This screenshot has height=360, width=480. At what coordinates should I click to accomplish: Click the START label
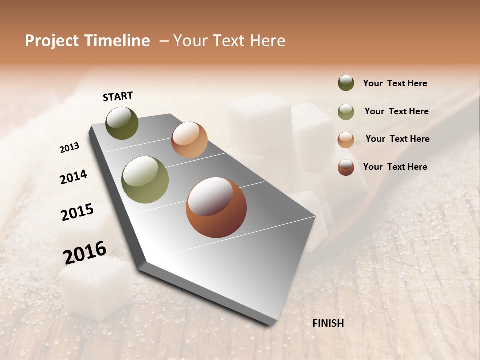click(118, 96)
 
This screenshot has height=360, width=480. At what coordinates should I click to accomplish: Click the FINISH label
click(328, 323)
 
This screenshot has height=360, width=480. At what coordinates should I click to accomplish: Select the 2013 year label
click(69, 148)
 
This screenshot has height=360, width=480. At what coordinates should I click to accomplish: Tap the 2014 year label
click(73, 177)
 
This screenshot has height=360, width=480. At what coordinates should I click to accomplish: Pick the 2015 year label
click(77, 212)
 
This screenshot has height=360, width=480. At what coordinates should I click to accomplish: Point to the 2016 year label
click(85, 252)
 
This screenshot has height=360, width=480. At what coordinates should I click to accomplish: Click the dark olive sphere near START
click(122, 123)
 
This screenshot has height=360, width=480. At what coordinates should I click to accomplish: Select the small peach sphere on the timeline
click(189, 140)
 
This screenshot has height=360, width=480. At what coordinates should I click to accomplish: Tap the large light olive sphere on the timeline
click(145, 180)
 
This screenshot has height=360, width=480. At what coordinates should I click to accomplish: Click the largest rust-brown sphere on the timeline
click(216, 207)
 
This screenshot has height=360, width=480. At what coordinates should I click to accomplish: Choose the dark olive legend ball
click(346, 83)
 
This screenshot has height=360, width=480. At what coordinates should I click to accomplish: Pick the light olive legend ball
click(346, 112)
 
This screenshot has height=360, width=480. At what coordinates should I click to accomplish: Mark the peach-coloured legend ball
click(346, 140)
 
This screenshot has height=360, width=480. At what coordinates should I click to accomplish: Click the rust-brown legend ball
click(346, 167)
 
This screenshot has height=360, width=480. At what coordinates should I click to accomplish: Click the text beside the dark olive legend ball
click(395, 84)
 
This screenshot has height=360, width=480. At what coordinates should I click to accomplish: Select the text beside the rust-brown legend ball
click(395, 167)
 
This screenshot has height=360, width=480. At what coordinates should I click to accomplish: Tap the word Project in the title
click(52, 41)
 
